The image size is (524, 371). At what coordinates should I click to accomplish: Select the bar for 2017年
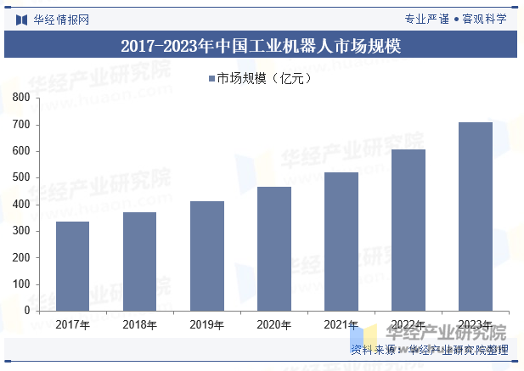click(x=73, y=266)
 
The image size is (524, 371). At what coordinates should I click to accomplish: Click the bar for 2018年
click(x=139, y=261)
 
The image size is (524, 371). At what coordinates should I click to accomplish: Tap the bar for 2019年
click(x=207, y=256)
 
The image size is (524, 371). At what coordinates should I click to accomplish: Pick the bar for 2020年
click(x=274, y=249)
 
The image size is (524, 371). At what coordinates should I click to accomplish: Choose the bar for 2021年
click(x=341, y=241)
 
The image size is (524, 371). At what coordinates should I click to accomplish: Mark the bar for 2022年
click(x=408, y=230)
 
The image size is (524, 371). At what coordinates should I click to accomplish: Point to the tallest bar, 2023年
click(x=476, y=216)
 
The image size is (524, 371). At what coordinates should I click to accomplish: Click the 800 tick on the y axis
click(x=21, y=98)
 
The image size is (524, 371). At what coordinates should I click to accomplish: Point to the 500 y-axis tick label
click(x=21, y=178)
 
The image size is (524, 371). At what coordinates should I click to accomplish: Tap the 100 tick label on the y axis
click(x=21, y=284)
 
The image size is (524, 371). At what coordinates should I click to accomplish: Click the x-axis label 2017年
click(x=73, y=324)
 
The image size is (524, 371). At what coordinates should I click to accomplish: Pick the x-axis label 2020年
click(x=274, y=324)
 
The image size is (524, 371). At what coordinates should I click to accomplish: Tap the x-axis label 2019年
click(x=207, y=324)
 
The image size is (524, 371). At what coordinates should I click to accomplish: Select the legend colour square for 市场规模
click(x=211, y=79)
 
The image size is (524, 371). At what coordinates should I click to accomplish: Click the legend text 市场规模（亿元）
click(x=266, y=79)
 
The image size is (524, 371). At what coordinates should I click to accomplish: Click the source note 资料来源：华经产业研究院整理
click(x=429, y=350)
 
